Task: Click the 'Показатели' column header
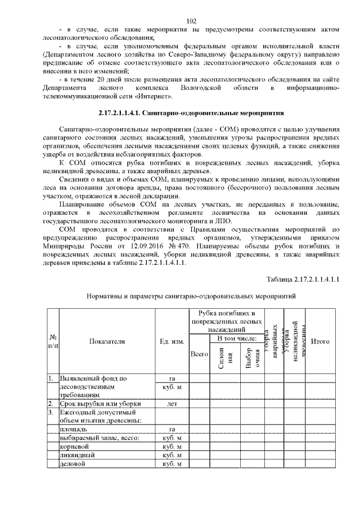click(x=106, y=341)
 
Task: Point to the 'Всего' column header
click(x=200, y=355)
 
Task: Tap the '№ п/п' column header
click(x=52, y=341)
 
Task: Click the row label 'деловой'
click(x=74, y=463)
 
